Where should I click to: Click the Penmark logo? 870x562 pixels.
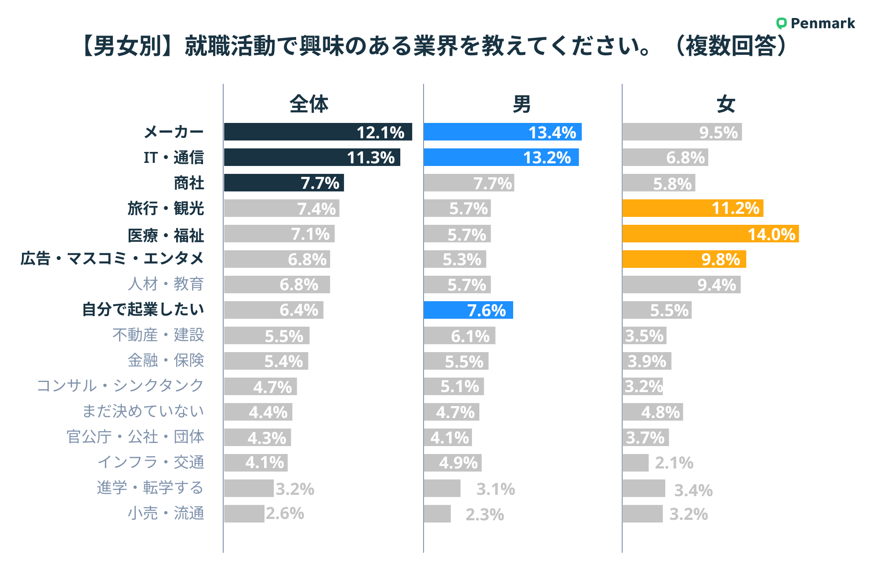[816, 23]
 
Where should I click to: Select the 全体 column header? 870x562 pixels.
[309, 104]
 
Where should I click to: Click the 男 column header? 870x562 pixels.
[522, 104]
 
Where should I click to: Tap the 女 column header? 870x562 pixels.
[725, 104]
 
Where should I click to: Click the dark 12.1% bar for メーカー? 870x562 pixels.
[318, 132]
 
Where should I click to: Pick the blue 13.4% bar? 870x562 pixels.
[502, 132]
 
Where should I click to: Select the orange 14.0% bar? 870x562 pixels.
[710, 234]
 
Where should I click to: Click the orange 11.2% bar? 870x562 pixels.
[692, 208]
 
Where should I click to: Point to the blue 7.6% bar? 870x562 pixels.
[468, 310]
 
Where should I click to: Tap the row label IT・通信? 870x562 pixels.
[174, 157]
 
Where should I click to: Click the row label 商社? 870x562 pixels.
[189, 183]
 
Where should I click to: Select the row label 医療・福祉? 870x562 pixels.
[166, 235]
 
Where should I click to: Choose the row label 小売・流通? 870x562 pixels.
[166, 513]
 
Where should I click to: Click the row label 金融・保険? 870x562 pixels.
[166, 360]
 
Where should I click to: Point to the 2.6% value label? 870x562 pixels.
[285, 513]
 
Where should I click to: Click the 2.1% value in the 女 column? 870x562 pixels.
[674, 463]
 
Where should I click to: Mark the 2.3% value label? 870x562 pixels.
[485, 514]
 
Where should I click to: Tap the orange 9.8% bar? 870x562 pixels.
[684, 259]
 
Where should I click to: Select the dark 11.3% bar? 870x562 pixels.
[312, 157]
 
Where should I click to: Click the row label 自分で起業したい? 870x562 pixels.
[143, 309]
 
